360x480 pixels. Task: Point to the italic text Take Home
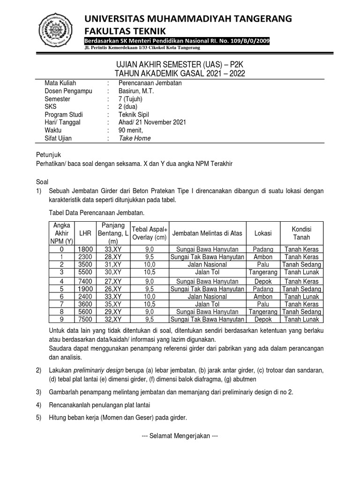click(x=135, y=138)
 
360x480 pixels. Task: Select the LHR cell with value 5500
click(x=85, y=271)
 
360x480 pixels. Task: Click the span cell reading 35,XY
click(x=112, y=304)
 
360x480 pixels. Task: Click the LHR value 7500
click(x=85, y=319)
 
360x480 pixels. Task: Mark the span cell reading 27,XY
click(x=112, y=281)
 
